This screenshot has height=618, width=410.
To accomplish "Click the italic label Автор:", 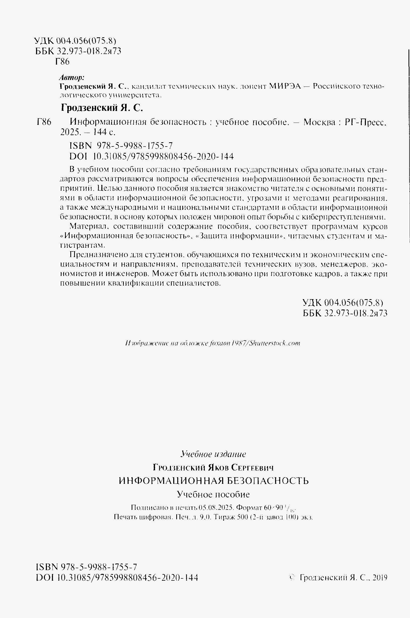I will pyautogui.click(x=72, y=77).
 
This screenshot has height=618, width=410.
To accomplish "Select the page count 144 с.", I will pyautogui.click(x=102, y=132).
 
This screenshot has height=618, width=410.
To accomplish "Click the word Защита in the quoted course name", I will pyautogui.click(x=212, y=236).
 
